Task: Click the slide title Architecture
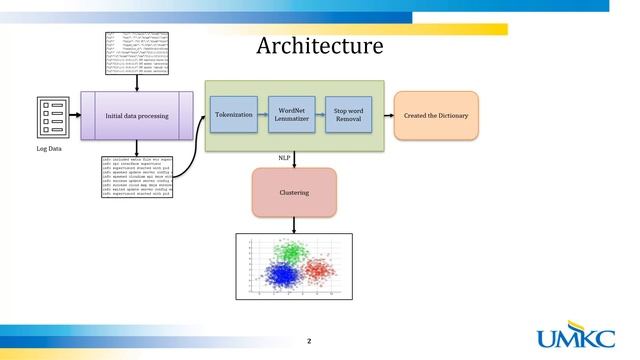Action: (319, 46)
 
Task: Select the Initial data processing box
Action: (136, 116)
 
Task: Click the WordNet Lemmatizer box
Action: (291, 116)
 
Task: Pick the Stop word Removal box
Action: (347, 116)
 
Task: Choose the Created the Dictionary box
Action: (436, 116)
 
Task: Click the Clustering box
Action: (293, 192)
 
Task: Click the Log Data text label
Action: (50, 149)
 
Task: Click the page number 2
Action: (309, 341)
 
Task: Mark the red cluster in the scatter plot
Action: (321, 270)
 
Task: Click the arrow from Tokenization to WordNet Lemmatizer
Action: (262, 116)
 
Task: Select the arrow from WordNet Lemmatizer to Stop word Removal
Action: (319, 116)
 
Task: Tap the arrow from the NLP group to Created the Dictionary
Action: (389, 116)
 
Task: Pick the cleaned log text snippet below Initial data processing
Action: (137, 175)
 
